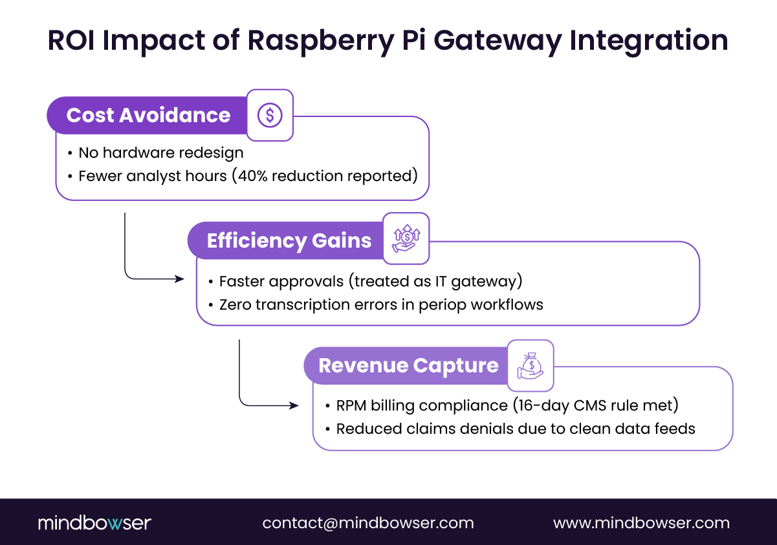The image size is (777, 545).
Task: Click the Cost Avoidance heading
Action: [148, 115]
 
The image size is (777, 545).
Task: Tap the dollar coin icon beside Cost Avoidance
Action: [270, 115]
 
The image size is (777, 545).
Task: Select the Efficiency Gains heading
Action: [289, 240]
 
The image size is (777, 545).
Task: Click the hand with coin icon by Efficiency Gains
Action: [406, 239]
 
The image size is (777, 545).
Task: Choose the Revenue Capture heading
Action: [408, 365]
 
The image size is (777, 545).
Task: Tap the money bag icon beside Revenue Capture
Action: [531, 366]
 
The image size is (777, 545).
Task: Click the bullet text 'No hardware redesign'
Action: [160, 153]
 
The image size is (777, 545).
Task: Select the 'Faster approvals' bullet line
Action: [369, 281]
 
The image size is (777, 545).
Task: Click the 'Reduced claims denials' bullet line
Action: [515, 428]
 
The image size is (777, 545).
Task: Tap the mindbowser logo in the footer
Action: [94, 522]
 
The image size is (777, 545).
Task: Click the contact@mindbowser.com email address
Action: [367, 522]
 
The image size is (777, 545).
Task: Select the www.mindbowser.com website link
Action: [641, 522]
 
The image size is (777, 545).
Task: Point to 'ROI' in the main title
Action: [72, 40]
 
